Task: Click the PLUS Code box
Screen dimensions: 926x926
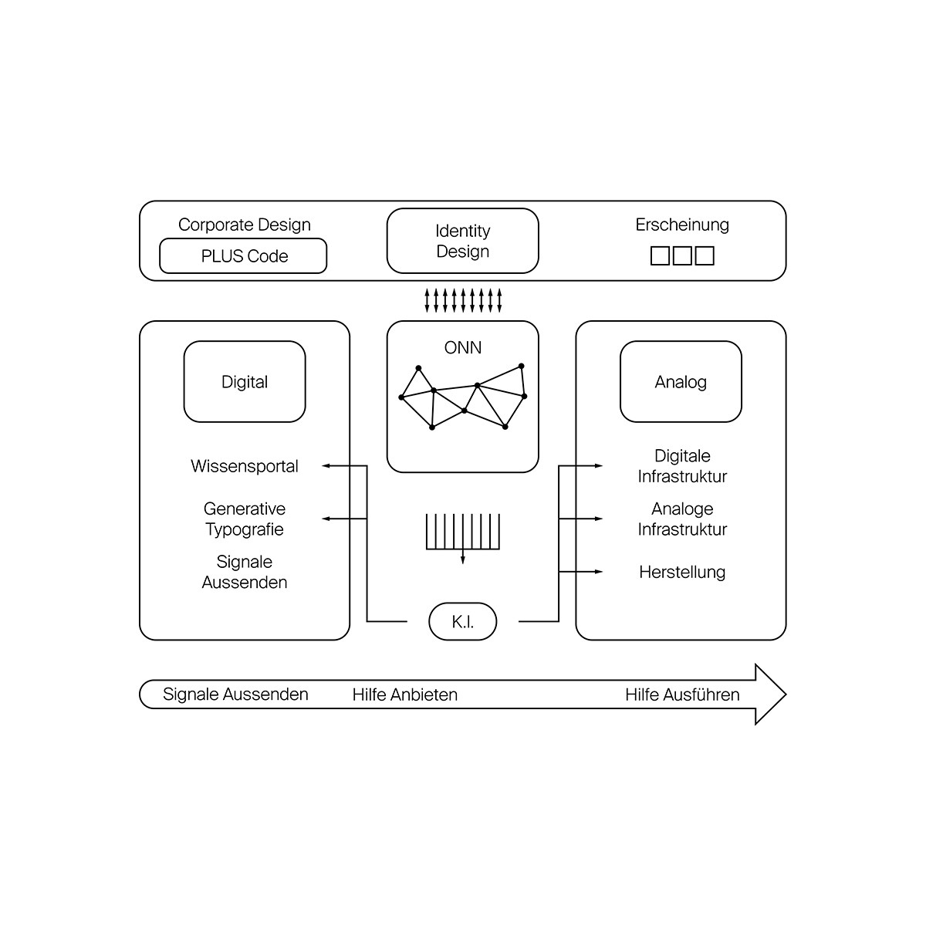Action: (243, 255)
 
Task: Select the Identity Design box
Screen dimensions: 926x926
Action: (462, 241)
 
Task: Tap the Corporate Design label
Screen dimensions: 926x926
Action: (244, 225)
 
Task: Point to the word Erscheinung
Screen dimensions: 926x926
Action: (682, 225)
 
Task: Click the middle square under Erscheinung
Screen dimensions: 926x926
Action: (682, 255)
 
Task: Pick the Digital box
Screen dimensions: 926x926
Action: (244, 381)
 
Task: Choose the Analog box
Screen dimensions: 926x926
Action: (681, 381)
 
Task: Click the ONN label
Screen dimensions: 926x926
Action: (462, 347)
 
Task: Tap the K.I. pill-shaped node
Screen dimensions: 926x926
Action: (462, 621)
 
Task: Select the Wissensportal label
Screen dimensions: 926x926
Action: (244, 465)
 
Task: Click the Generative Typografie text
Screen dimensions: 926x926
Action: (244, 519)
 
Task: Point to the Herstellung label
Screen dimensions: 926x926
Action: (682, 572)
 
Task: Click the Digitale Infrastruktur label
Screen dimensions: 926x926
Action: (682, 465)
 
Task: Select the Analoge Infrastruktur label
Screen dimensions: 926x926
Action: (682, 519)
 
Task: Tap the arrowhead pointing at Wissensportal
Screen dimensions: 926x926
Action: (326, 465)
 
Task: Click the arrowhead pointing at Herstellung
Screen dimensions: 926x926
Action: (599, 571)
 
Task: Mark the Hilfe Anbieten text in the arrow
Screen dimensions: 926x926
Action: (404, 694)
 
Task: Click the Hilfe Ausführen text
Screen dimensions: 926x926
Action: (682, 694)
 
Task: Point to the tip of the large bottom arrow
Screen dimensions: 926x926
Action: (786, 694)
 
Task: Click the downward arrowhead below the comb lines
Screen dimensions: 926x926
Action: (463, 559)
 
